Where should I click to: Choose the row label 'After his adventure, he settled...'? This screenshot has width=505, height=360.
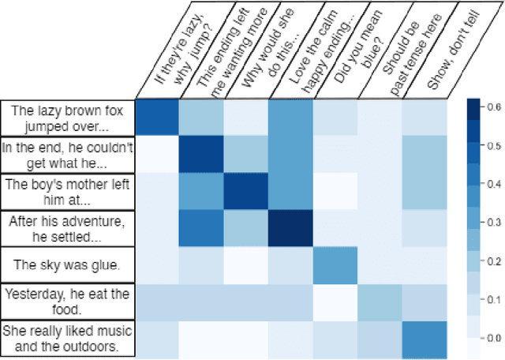click(x=68, y=227)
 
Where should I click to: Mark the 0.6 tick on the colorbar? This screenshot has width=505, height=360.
click(x=490, y=107)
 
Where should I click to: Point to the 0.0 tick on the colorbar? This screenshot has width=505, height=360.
click(x=490, y=337)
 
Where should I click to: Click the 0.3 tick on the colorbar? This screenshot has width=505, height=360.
click(x=490, y=222)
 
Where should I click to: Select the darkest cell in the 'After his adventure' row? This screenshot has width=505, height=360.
click(x=291, y=227)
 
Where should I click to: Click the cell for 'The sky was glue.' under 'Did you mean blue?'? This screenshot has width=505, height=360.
click(x=335, y=264)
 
